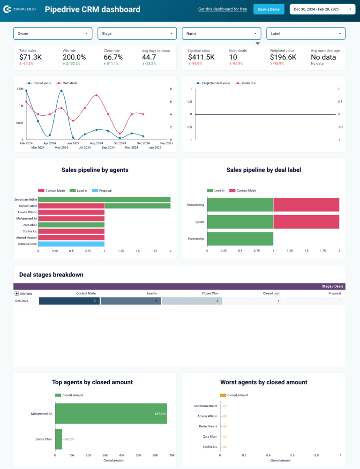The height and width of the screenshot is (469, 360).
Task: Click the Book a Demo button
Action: (x=269, y=9)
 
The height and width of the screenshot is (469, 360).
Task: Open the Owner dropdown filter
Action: (x=53, y=34)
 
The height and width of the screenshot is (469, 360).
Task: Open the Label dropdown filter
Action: (x=306, y=34)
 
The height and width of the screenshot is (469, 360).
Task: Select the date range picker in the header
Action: (x=323, y=9)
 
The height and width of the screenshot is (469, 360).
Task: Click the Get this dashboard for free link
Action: (x=222, y=9)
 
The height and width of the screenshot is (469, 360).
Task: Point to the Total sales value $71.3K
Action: (x=30, y=57)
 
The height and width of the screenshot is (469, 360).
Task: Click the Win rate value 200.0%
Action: (x=74, y=57)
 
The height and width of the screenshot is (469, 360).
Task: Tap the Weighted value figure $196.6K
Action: (x=283, y=57)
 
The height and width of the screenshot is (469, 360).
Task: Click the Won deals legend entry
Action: (x=69, y=83)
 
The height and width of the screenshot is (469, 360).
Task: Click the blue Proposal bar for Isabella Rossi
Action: (x=71, y=244)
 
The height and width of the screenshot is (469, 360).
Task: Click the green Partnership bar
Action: (x=240, y=238)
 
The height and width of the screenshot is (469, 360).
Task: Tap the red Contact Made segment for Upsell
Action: (x=306, y=222)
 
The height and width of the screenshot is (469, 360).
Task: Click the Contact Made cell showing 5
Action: (x=69, y=301)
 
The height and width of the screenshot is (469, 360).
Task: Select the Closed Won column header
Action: (x=210, y=293)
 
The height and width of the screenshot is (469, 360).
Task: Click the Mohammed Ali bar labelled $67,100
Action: (x=111, y=414)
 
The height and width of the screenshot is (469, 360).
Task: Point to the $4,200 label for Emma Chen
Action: (x=69, y=439)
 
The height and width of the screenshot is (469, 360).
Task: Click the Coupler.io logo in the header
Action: (x=21, y=9)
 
